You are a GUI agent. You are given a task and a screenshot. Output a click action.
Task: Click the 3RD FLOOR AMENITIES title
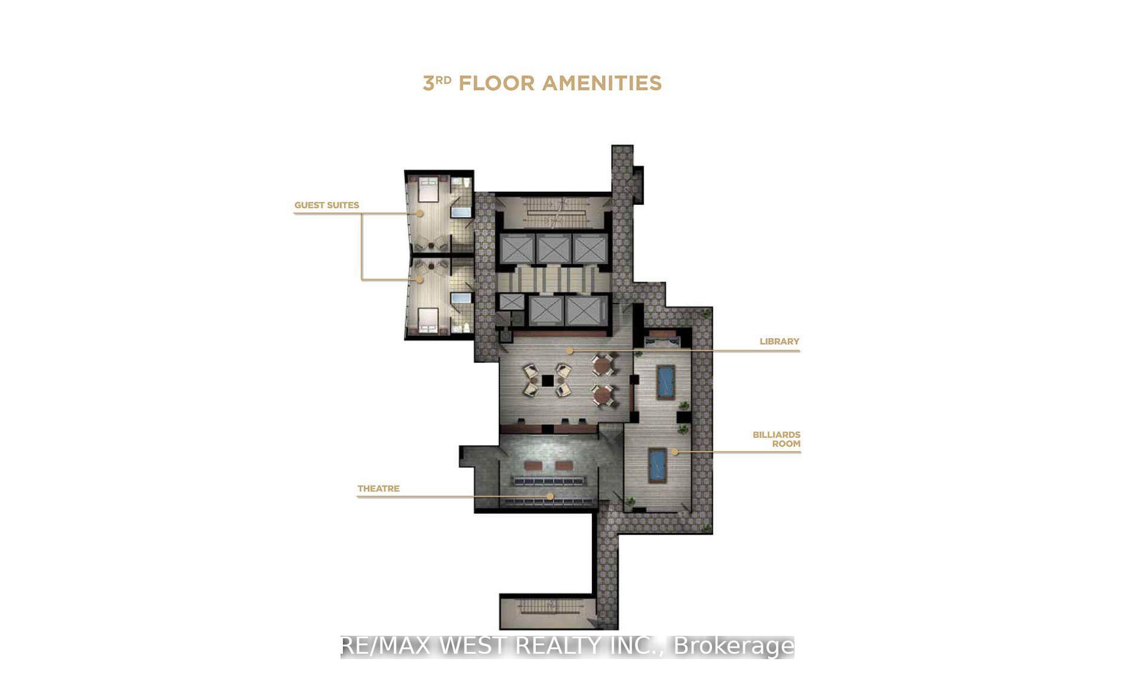(x=542, y=83)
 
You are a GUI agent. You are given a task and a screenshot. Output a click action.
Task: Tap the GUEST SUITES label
(x=326, y=205)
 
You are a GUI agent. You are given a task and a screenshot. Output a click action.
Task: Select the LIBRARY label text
(x=779, y=341)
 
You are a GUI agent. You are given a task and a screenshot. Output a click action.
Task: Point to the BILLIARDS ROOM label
(x=777, y=439)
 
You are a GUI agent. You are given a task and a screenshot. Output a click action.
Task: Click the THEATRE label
(x=378, y=488)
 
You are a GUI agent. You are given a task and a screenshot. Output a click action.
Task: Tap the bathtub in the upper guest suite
(x=461, y=210)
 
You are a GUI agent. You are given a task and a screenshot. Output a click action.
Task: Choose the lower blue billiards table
(x=657, y=465)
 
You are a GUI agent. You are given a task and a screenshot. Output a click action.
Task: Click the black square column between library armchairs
(x=547, y=381)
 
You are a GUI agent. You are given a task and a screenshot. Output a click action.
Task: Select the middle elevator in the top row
(x=553, y=248)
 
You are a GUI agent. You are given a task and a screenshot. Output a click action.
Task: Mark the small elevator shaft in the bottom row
(x=511, y=302)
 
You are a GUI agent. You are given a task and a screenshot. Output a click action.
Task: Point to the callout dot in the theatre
(x=550, y=496)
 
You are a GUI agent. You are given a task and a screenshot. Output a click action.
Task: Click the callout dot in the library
(x=570, y=351)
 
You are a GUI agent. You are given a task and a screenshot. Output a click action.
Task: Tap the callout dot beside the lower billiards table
(x=674, y=452)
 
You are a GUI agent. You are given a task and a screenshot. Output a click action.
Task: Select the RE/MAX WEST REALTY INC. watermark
(x=567, y=647)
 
